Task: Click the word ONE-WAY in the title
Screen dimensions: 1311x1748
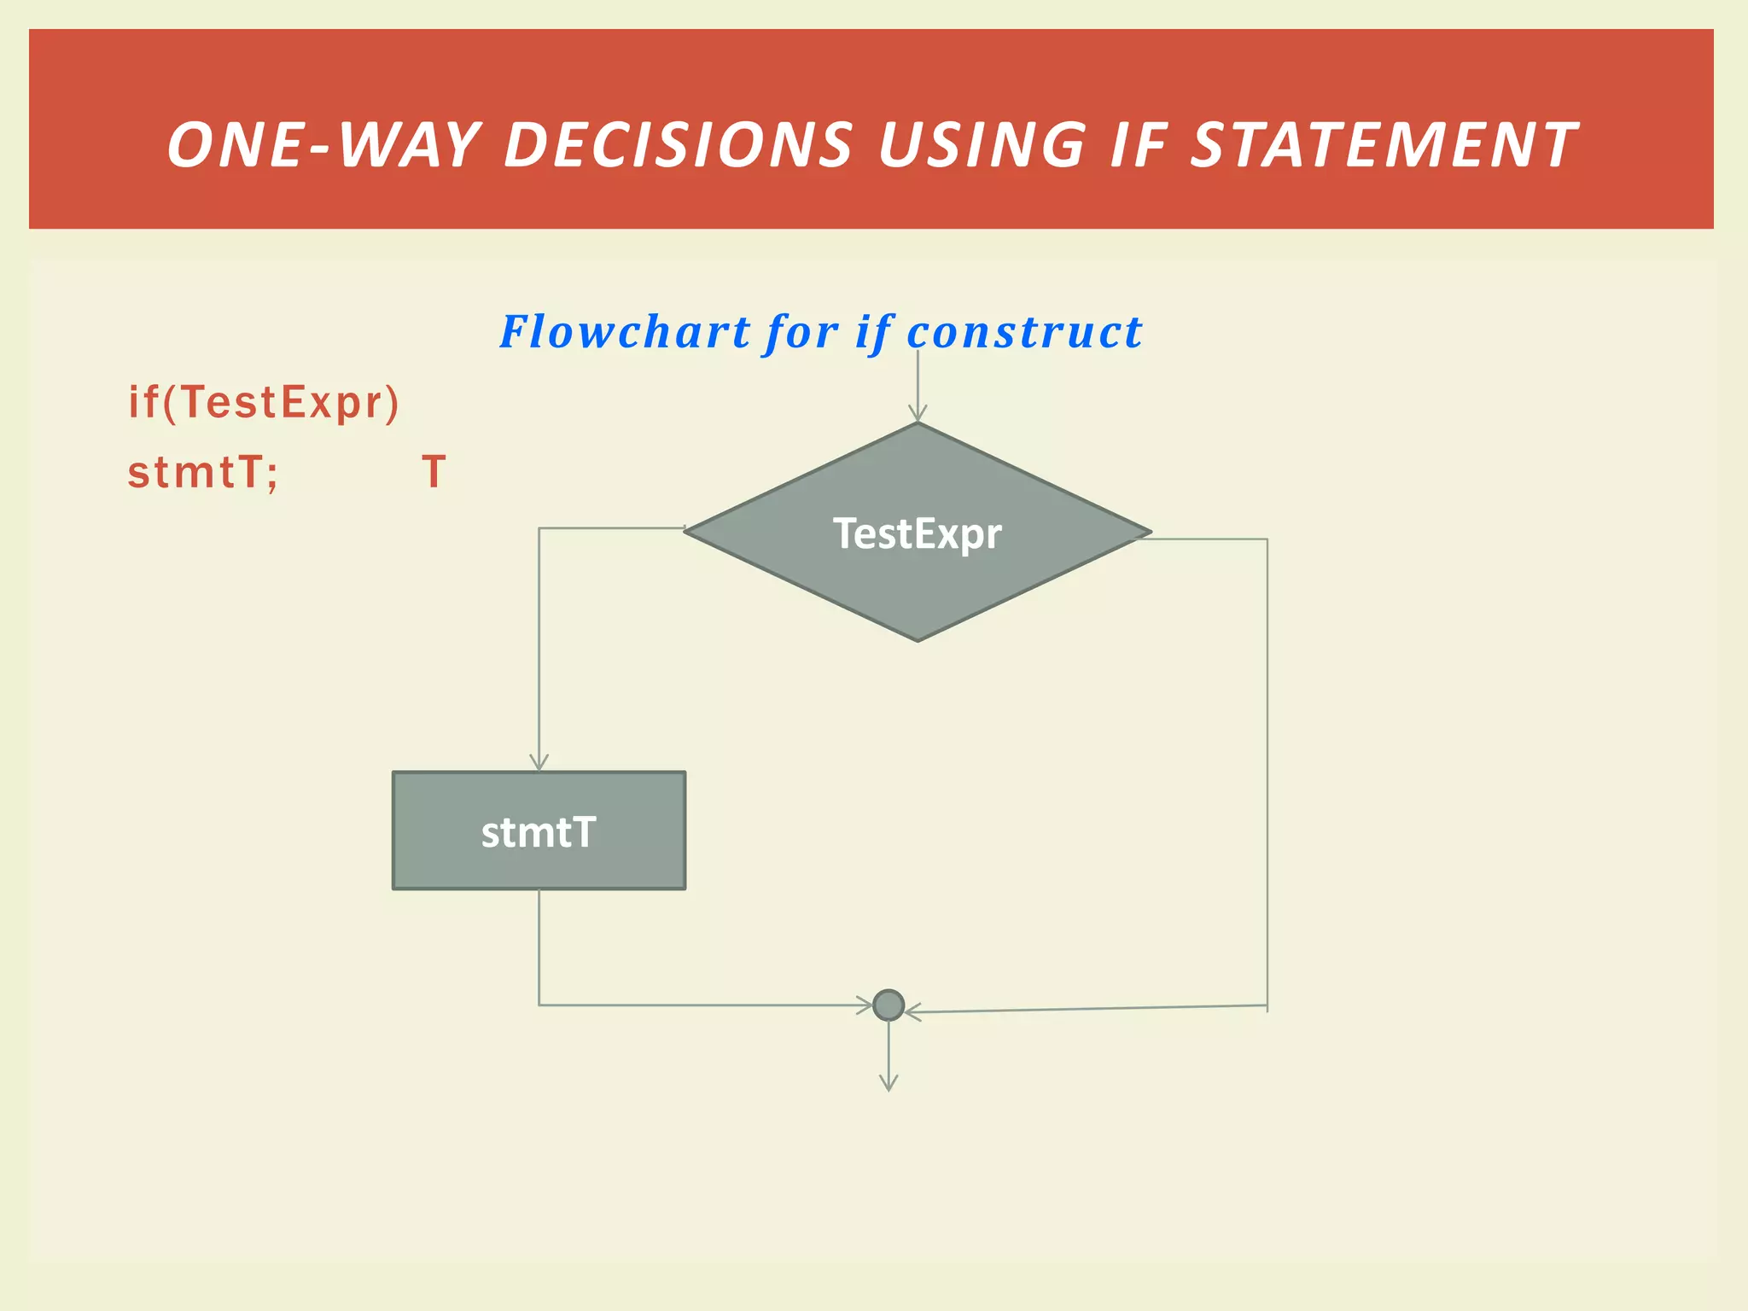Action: coord(323,145)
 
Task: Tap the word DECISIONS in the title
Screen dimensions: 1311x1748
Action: coord(679,145)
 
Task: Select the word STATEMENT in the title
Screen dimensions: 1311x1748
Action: coord(1383,145)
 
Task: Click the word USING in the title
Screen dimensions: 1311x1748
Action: coord(982,145)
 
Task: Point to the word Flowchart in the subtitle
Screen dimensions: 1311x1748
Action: coord(625,332)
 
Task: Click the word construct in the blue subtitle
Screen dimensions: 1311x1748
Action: coord(1023,332)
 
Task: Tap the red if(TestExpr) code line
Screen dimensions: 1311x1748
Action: coord(263,402)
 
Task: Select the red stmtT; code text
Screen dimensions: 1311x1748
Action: coord(202,472)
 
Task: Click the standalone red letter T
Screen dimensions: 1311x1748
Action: coord(434,472)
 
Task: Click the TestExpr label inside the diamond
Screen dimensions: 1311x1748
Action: coord(917,534)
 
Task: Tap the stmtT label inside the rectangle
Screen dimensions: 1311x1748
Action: coord(538,832)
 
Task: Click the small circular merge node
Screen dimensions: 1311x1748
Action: coord(889,1005)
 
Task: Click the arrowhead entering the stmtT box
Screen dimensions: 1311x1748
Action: coord(539,763)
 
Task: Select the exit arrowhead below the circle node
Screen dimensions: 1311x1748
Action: coord(889,1084)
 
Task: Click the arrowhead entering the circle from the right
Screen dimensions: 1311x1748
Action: coord(912,1012)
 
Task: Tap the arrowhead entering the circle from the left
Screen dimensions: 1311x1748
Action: coord(865,1005)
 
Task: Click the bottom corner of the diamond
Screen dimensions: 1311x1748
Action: coord(918,639)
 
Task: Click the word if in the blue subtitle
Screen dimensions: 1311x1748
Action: coord(873,332)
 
